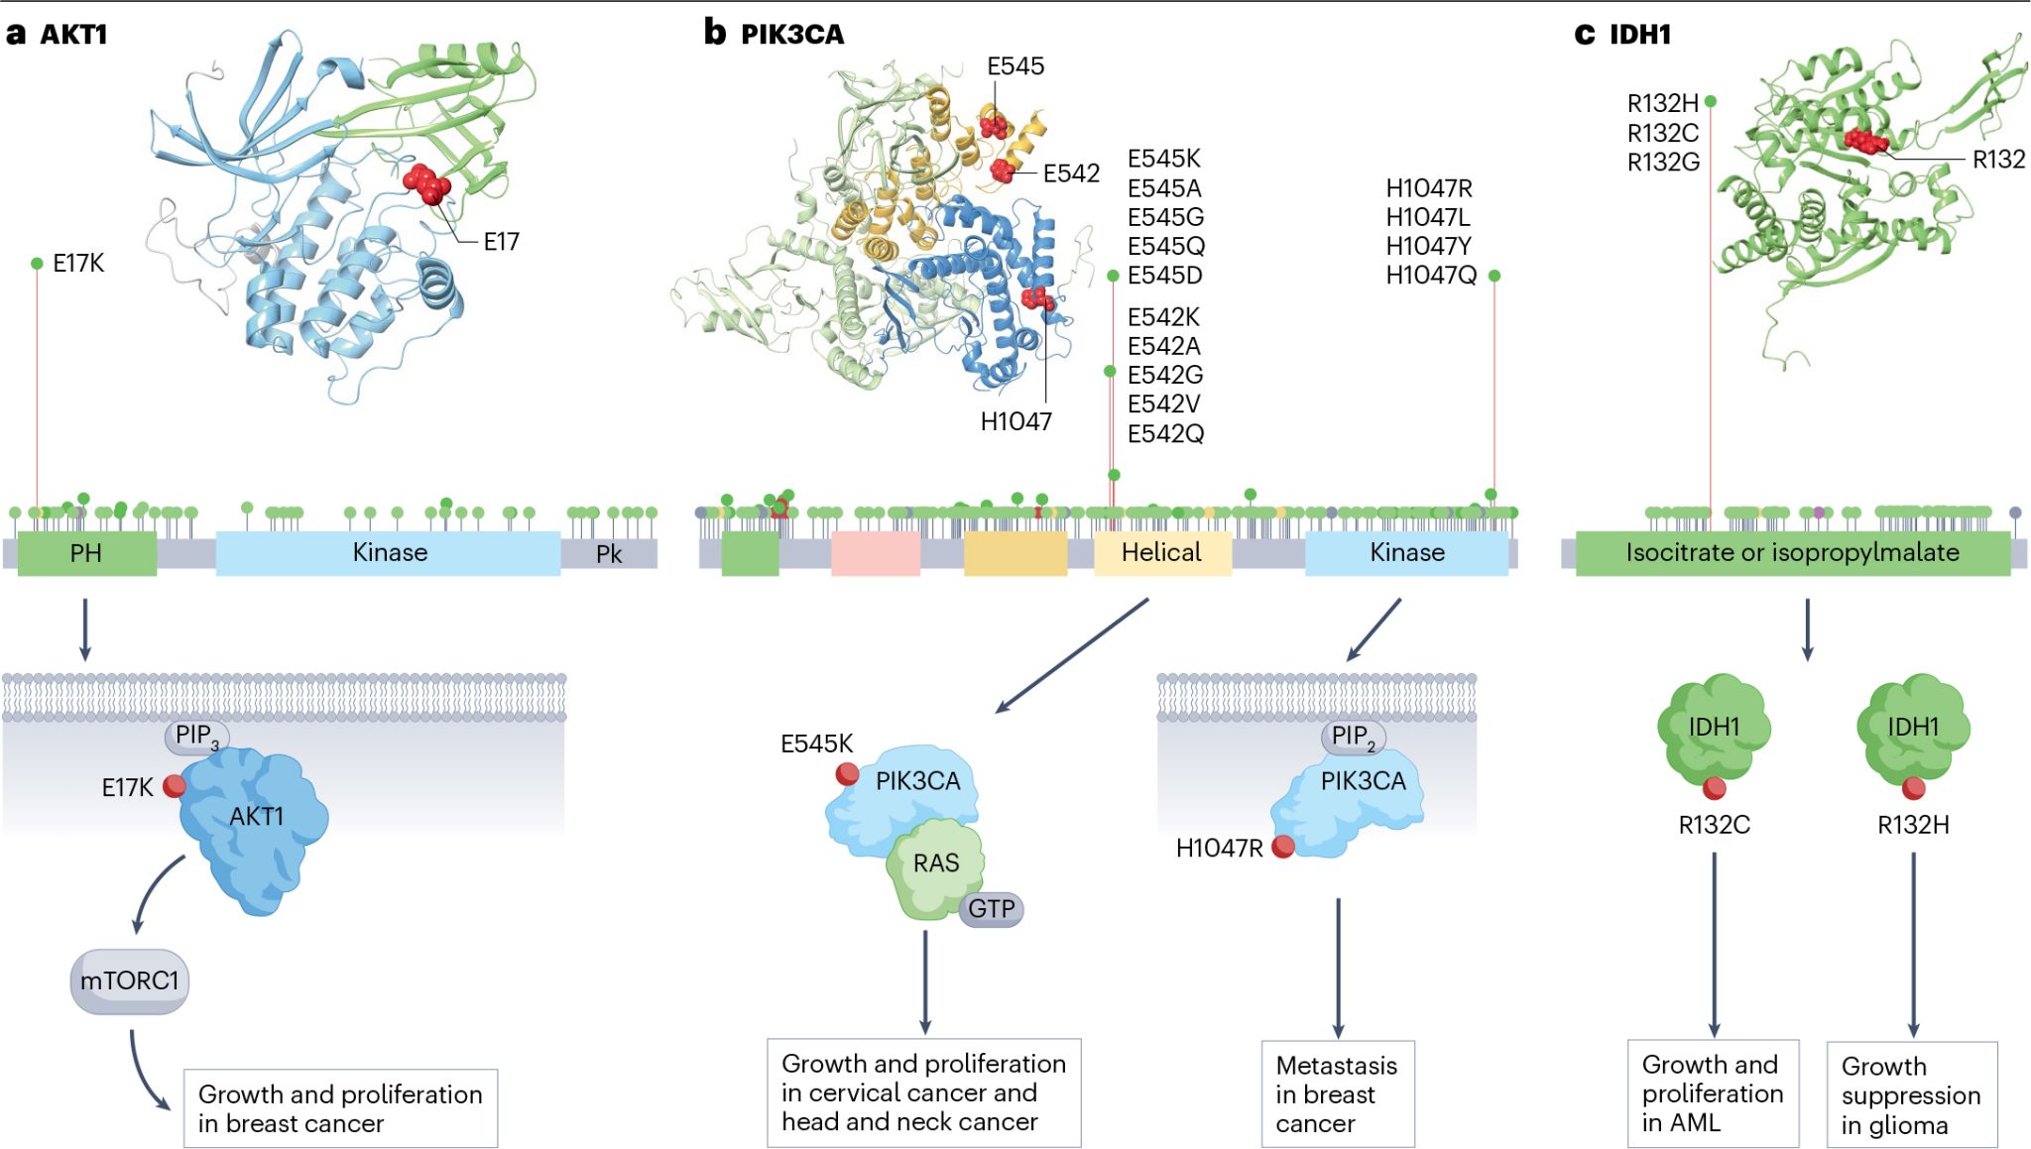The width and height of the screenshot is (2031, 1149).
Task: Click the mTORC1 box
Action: pyautogui.click(x=129, y=981)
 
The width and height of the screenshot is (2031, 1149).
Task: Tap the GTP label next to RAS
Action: pyautogui.click(x=991, y=909)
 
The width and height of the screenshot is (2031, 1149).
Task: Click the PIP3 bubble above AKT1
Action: pyautogui.click(x=196, y=736)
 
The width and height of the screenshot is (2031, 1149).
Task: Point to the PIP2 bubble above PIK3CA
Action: pyautogui.click(x=1353, y=737)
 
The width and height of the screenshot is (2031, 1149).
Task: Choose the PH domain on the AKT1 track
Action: pyautogui.click(x=86, y=553)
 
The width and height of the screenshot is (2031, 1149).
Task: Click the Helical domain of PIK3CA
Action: pyautogui.click(x=1161, y=552)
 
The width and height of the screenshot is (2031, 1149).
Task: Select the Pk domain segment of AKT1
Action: pyautogui.click(x=608, y=553)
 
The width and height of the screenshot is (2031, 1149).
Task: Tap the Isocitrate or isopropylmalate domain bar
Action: pyautogui.click(x=1792, y=553)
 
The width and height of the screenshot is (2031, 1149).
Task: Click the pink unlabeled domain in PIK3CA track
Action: pyautogui.click(x=876, y=553)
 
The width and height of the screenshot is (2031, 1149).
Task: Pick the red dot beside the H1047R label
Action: pyautogui.click(x=1283, y=847)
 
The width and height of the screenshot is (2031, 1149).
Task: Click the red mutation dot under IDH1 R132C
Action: pyautogui.click(x=1715, y=789)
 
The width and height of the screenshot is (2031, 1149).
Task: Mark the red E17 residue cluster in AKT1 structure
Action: pyautogui.click(x=426, y=183)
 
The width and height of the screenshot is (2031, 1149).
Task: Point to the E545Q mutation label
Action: pyautogui.click(x=1165, y=246)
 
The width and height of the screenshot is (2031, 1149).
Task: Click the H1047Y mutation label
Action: pyautogui.click(x=1428, y=246)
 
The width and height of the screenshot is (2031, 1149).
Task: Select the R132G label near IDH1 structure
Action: pyautogui.click(x=1663, y=162)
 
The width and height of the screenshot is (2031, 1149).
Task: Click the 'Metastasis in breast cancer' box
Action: pyautogui.click(x=1337, y=1093)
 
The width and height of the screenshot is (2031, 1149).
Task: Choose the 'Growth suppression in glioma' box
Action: pyautogui.click(x=1911, y=1094)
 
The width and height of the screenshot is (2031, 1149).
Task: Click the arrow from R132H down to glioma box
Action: pyautogui.click(x=1913, y=942)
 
